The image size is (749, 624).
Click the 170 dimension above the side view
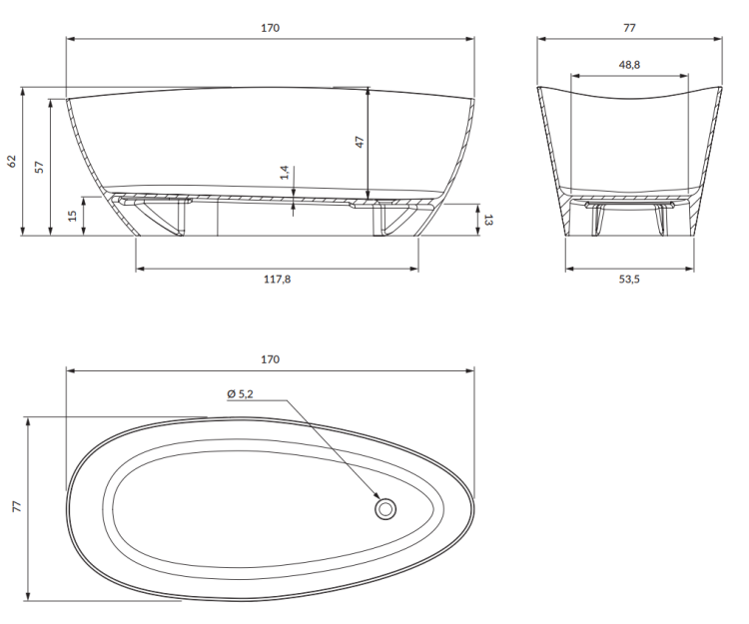pos(270,28)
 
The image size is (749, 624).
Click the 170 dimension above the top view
pos(270,359)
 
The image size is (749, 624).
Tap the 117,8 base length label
pos(277,280)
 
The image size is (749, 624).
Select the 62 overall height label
pos(12,162)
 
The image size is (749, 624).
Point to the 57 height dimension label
pos(39,167)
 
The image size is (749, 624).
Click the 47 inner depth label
pos(360,142)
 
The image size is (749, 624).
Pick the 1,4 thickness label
pos(285,172)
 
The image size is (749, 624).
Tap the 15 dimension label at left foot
pos(72,216)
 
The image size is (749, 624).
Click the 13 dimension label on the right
pos(488,220)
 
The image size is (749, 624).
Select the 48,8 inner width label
pos(629,65)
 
